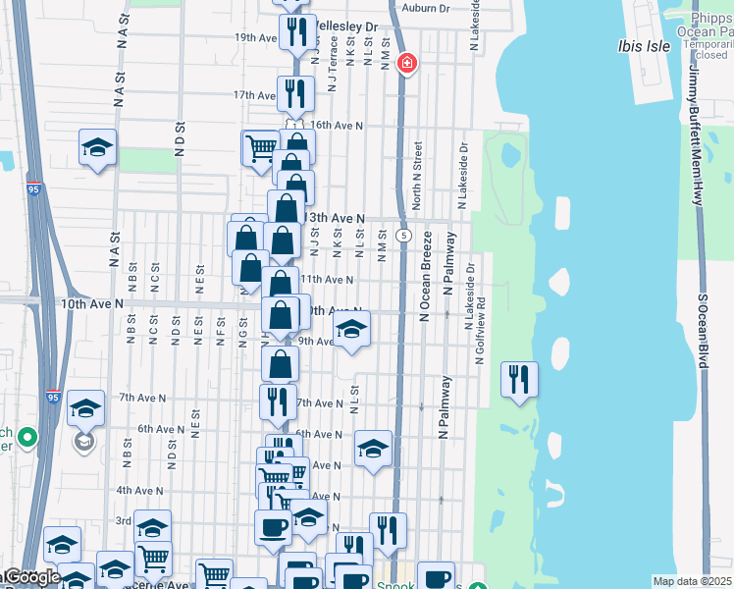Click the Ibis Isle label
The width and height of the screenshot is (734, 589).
[x=643, y=45]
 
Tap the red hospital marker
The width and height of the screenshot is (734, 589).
[x=406, y=65]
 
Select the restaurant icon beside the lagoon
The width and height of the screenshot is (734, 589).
[x=518, y=379]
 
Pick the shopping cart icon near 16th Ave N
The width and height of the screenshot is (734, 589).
[x=260, y=148]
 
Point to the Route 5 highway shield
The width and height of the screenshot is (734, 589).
[x=403, y=236]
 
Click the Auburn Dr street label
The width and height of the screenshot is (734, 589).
[x=425, y=7]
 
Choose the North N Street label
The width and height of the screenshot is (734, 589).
[x=417, y=175]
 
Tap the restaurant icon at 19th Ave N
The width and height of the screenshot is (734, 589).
[x=295, y=31]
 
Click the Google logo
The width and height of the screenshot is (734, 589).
[x=31, y=577]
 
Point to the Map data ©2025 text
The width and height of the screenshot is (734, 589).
[x=692, y=581]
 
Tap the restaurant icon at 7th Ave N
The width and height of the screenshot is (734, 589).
[x=278, y=401]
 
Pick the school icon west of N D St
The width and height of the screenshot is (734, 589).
[x=97, y=147]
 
